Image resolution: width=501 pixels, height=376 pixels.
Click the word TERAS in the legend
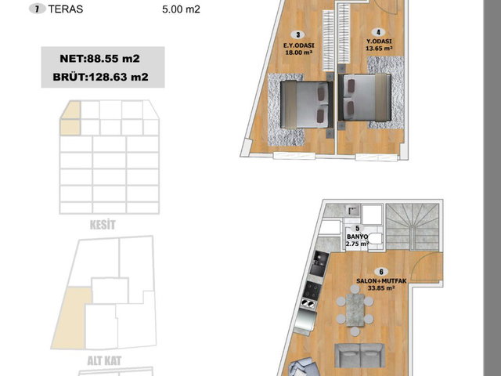[66, 9]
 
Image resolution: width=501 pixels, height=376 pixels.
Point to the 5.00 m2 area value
[181, 9]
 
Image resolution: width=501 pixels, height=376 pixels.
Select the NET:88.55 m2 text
[99, 59]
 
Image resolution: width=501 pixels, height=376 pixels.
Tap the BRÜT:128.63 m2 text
[101, 77]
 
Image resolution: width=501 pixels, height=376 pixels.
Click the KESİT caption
[103, 225]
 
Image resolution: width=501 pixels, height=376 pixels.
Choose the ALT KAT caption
[104, 361]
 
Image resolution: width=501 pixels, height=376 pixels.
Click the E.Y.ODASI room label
[299, 45]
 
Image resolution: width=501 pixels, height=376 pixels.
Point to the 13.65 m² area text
[379, 49]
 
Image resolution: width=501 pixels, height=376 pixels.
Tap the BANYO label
[357, 237]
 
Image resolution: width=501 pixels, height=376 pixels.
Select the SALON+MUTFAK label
[381, 281]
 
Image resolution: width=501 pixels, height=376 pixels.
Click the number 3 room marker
[298, 34]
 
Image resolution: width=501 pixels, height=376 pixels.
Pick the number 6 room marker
[381, 272]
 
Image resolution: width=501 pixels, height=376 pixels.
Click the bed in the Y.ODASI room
[365, 97]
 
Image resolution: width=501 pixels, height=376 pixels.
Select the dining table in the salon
[355, 310]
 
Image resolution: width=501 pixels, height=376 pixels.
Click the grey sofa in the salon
[359, 355]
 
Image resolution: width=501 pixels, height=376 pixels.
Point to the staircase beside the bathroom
[413, 227]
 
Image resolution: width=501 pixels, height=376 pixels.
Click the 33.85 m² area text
[381, 288]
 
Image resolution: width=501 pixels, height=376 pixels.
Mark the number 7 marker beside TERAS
[38, 9]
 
